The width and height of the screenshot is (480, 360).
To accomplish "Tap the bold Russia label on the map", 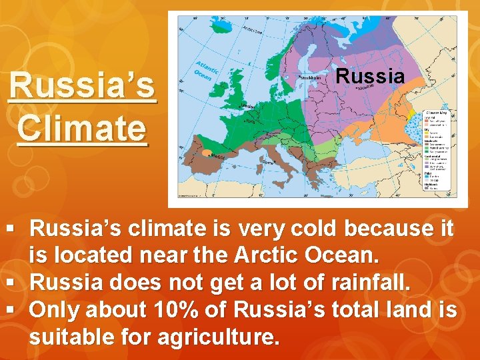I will coord(370,76).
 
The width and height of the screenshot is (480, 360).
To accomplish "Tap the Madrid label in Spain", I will coord(213,158).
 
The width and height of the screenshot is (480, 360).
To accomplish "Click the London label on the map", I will coord(248,107).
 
